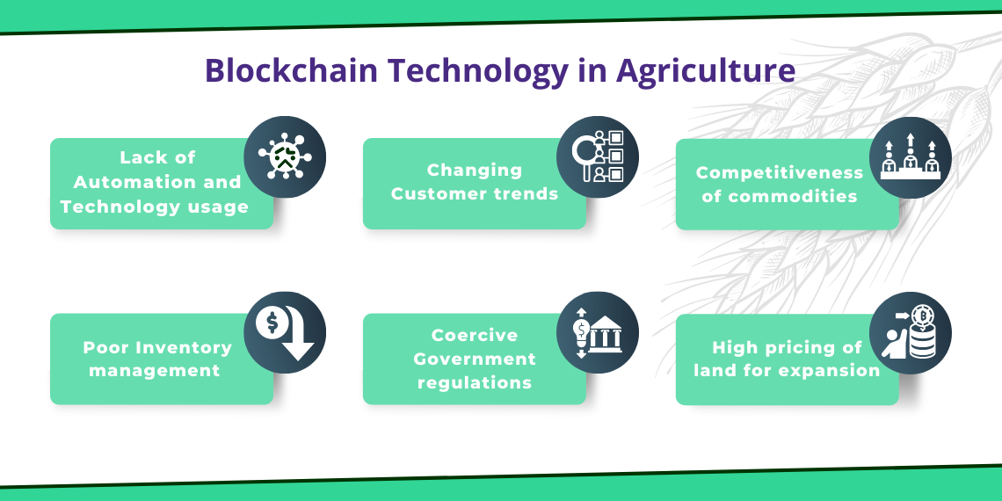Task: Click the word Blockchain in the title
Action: (x=292, y=70)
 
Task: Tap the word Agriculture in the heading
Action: (x=706, y=71)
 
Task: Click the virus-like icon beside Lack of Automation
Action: (x=285, y=156)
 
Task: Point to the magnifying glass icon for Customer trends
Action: (x=584, y=153)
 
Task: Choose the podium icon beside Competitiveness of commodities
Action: (x=910, y=157)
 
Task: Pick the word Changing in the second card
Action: (x=474, y=171)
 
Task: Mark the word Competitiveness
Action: (x=780, y=172)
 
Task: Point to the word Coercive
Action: (x=474, y=335)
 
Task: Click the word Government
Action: (x=474, y=359)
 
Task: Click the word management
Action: (x=154, y=371)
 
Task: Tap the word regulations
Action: (x=474, y=382)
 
